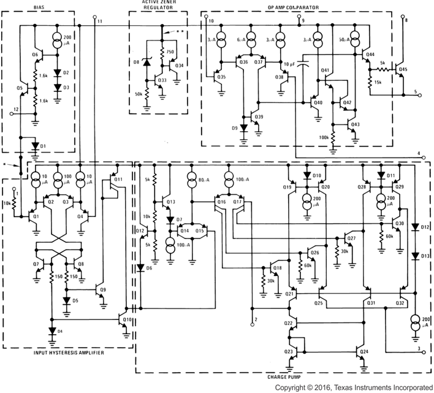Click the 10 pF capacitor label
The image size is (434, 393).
(291, 64)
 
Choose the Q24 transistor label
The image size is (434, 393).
(364, 352)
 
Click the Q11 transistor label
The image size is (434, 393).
(118, 180)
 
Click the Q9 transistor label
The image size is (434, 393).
(103, 290)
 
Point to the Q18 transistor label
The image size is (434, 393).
(278, 268)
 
